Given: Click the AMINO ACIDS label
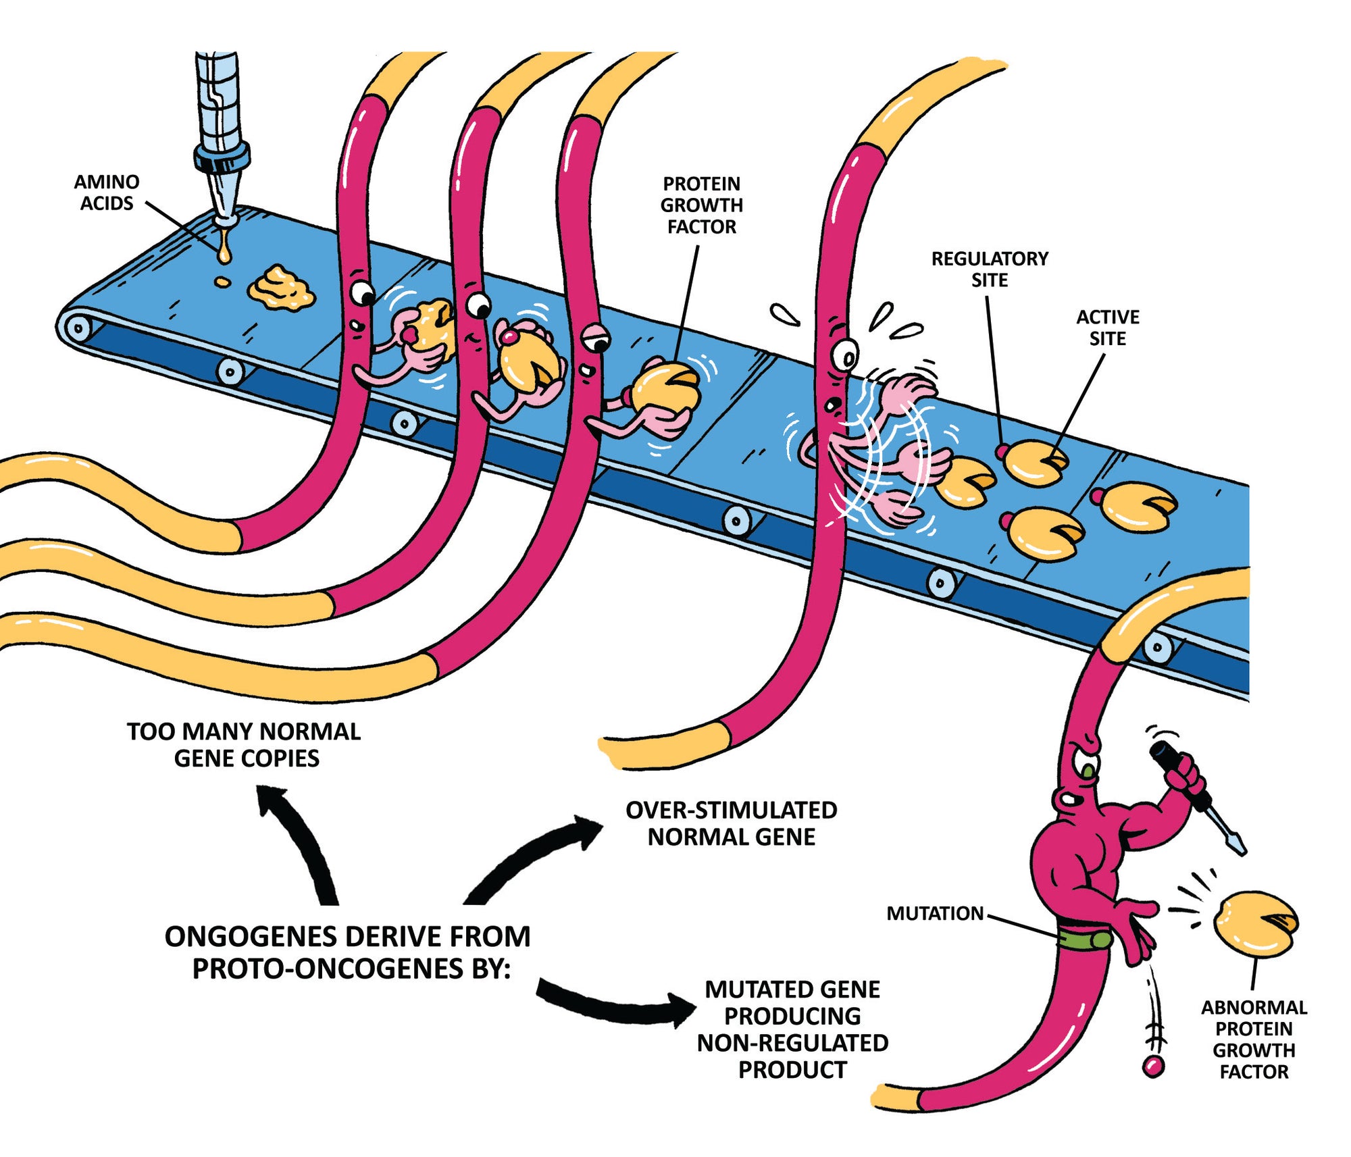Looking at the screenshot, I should pyautogui.click(x=107, y=192).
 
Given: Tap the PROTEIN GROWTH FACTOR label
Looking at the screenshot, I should pyautogui.click(x=701, y=205).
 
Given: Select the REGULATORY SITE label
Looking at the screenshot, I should pyautogui.click(x=990, y=269).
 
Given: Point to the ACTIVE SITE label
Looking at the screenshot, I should pyautogui.click(x=1107, y=328).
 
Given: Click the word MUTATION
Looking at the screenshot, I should pyautogui.click(x=935, y=913).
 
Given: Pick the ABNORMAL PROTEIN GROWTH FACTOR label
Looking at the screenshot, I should pyautogui.click(x=1254, y=1039).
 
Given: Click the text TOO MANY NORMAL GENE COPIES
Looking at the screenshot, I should pyautogui.click(x=245, y=744).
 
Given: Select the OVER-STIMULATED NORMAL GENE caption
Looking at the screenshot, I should pyautogui.click(x=731, y=823).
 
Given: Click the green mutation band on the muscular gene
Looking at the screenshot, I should pyautogui.click(x=1084, y=940).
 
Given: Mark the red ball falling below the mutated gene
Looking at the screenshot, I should pyautogui.click(x=1153, y=1066).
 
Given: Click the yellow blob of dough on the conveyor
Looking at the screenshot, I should pyautogui.click(x=280, y=289).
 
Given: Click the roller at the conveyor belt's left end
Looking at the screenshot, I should pyautogui.click(x=78, y=329).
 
